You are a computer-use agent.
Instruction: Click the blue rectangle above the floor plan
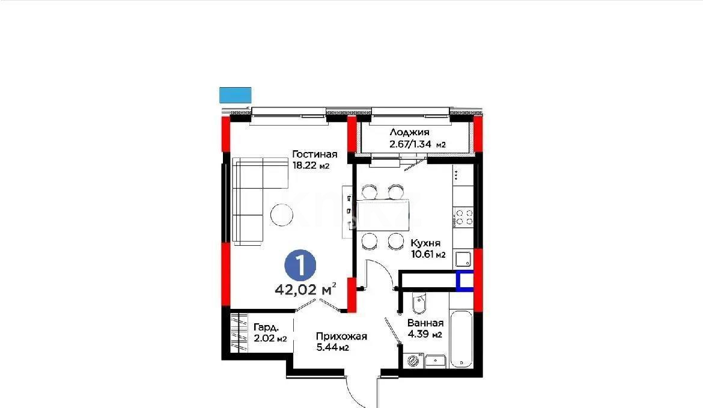click(235, 94)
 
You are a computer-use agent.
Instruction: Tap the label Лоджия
click(410, 133)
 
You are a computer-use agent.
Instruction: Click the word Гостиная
click(315, 154)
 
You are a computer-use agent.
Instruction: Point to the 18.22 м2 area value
click(311, 166)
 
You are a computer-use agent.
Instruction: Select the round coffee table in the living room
click(282, 215)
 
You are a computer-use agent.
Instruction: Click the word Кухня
click(425, 243)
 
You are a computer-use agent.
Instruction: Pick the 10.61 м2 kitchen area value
click(428, 255)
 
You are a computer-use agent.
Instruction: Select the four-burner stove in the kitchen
click(463, 216)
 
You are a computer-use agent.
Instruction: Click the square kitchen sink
click(463, 259)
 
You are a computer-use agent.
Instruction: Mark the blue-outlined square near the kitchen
click(464, 281)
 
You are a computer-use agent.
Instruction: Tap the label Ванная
click(425, 323)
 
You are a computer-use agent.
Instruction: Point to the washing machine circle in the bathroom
click(413, 361)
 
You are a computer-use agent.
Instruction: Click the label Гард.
click(266, 327)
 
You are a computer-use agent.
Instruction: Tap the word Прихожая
click(341, 336)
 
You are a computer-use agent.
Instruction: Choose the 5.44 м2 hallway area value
click(333, 348)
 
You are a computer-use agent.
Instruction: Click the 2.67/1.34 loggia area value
click(418, 144)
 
